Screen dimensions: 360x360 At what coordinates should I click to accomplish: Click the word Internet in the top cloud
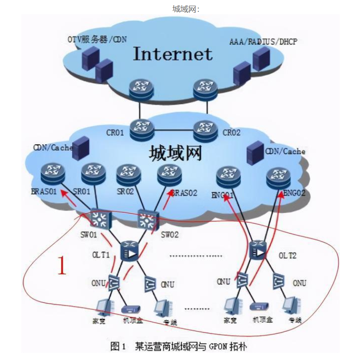(x=172, y=54)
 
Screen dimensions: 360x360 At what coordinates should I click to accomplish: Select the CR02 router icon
(x=205, y=128)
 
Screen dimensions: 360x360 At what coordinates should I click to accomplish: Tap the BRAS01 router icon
(x=52, y=174)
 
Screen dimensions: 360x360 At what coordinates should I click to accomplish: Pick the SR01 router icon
(x=91, y=174)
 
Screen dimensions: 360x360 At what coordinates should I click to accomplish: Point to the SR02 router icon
(x=128, y=174)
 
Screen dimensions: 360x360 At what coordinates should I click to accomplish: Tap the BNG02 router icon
(x=278, y=176)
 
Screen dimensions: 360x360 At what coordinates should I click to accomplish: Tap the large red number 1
(x=62, y=266)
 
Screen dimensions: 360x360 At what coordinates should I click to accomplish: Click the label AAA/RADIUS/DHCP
(x=263, y=42)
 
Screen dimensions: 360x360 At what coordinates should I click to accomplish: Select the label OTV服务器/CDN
(x=97, y=39)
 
